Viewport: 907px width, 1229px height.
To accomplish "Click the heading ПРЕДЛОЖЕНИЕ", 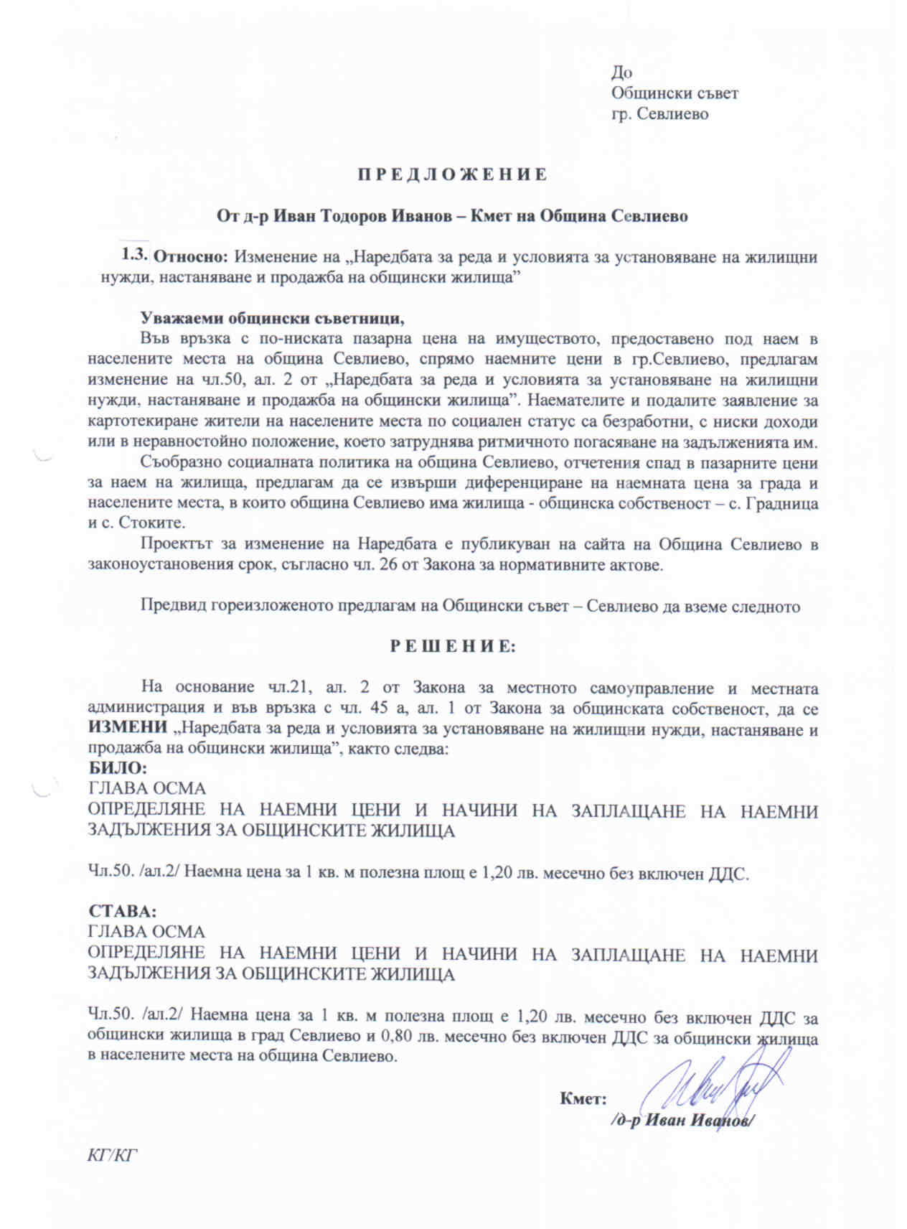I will click(x=453, y=174).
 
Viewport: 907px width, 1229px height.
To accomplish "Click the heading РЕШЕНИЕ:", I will click(x=453, y=646).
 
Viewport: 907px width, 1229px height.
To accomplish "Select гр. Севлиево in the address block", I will click(x=659, y=113).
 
